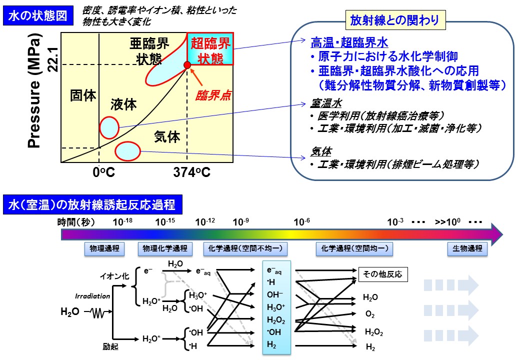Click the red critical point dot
point(187,65)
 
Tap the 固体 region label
point(82,95)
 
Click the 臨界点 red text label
point(213,96)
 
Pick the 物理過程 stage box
point(103,248)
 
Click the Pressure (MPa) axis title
point(34,92)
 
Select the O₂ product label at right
point(370,315)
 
